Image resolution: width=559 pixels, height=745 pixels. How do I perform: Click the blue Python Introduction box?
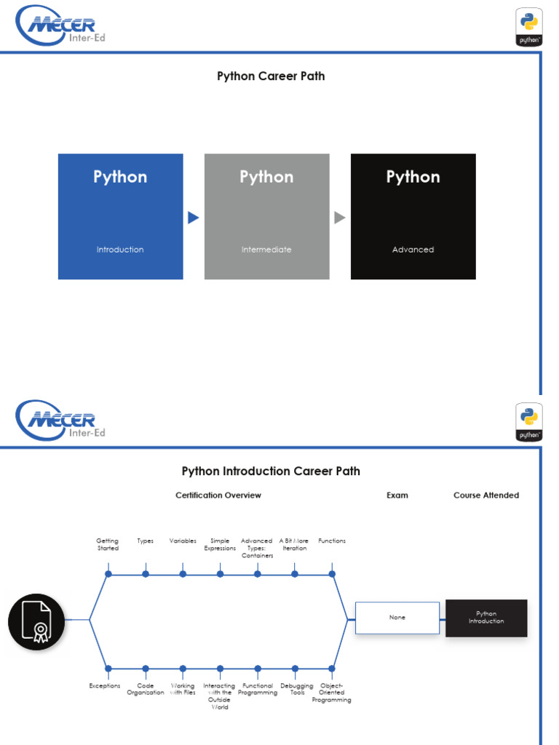tap(120, 216)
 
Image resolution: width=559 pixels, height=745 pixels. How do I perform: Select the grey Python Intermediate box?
tap(266, 216)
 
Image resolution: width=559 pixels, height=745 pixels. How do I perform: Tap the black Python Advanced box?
tap(413, 216)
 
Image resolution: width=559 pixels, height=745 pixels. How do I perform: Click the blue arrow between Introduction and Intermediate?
tap(193, 218)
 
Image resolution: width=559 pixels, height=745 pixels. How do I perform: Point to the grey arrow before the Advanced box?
tap(339, 218)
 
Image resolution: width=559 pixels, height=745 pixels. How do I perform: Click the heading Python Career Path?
tap(271, 76)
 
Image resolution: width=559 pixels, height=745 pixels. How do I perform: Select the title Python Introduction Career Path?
tap(271, 471)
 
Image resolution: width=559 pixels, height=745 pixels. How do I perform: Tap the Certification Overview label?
tap(218, 495)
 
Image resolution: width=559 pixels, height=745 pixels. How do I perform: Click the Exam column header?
tap(397, 495)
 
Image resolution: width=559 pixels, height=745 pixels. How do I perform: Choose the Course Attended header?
tap(486, 495)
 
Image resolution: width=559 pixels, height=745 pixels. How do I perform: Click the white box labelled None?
tap(397, 618)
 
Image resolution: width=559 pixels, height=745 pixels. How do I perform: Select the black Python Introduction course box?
tap(486, 618)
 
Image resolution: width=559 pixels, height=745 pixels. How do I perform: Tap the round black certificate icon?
tap(36, 621)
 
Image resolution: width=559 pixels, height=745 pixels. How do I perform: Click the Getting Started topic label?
tap(107, 544)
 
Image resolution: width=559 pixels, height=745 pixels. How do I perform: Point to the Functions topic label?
tap(332, 541)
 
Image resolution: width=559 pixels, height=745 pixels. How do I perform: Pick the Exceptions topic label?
tap(104, 685)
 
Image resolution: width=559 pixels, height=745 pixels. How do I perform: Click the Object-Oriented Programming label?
tap(331, 693)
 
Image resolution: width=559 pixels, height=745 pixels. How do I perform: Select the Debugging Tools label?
tap(297, 689)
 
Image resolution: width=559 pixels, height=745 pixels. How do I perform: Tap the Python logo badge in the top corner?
tap(529, 27)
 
